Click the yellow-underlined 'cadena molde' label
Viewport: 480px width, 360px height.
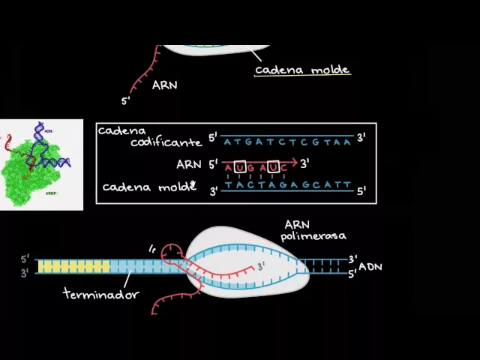point(302,70)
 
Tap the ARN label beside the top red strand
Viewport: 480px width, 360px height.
point(164,85)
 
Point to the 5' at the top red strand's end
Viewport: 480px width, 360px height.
point(125,100)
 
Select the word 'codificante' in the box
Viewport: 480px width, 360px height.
point(166,142)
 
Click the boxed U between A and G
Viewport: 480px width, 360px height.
point(240,166)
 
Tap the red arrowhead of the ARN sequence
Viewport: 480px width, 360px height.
point(295,162)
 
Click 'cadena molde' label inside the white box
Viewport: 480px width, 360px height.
point(148,187)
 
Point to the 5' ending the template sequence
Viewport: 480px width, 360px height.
point(361,191)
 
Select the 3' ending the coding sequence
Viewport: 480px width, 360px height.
point(361,137)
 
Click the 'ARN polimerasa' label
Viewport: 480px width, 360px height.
point(313,230)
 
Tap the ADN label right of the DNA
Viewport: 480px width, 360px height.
point(370,266)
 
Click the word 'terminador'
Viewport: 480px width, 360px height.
point(100,294)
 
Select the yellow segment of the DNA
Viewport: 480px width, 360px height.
point(73,266)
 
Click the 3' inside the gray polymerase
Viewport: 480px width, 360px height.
point(261,266)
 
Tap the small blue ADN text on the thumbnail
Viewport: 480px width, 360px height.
point(49,131)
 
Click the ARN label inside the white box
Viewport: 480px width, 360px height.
point(188,164)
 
